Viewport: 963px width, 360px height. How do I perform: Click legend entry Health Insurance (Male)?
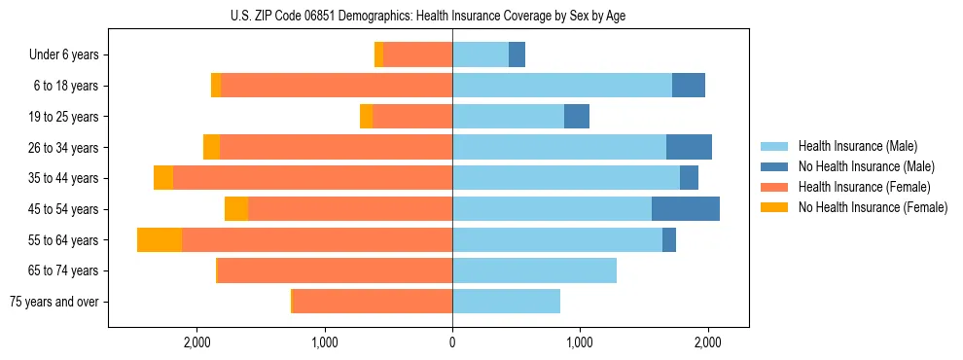[857, 146]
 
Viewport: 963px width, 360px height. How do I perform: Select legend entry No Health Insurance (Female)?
[873, 207]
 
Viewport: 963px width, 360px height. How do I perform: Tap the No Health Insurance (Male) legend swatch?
[774, 166]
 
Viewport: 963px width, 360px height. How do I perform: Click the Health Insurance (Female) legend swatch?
[774, 187]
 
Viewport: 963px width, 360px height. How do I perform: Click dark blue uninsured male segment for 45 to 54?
[685, 209]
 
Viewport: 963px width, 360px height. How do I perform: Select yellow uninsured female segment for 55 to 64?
[160, 240]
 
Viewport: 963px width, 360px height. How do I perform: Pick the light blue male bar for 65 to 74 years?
[534, 270]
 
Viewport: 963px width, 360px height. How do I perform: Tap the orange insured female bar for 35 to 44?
[312, 178]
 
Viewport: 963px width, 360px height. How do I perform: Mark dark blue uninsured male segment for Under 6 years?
[517, 55]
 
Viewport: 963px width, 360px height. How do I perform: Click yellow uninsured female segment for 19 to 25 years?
[366, 117]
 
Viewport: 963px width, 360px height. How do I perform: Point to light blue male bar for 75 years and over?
[506, 302]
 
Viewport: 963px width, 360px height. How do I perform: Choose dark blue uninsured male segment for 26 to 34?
[689, 148]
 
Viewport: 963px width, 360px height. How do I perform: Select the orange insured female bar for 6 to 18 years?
[337, 86]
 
